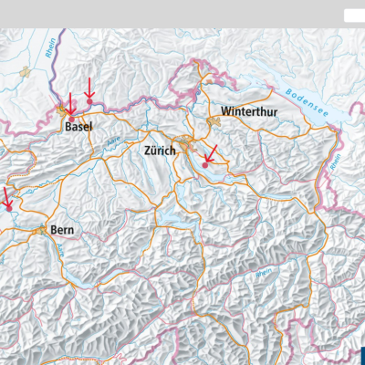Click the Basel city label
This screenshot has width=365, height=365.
tap(78, 128)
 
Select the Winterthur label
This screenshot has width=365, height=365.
tap(248, 110)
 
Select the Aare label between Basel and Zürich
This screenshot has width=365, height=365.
tap(114, 141)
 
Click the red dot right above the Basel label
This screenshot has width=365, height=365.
tap(72, 119)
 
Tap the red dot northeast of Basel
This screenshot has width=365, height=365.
tap(89, 100)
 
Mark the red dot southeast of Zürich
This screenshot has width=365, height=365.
tap(205, 165)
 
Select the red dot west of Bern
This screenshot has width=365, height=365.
tap(8, 208)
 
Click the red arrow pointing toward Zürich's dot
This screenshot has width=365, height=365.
tap(211, 155)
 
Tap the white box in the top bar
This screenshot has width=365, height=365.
tap(353, 16)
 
